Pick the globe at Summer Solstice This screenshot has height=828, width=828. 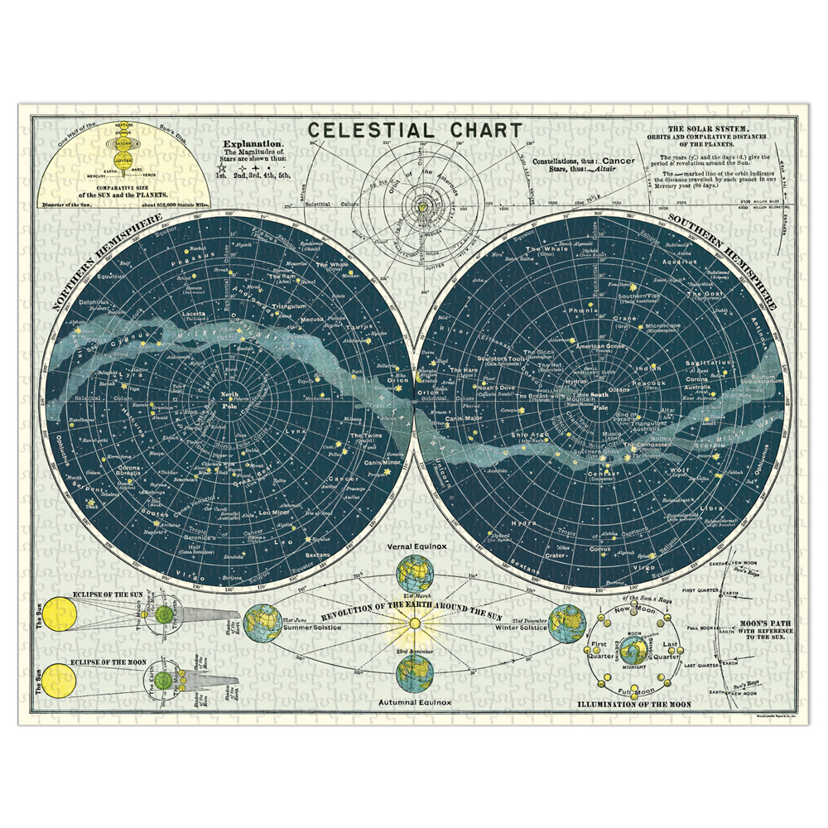click(x=263, y=623)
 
